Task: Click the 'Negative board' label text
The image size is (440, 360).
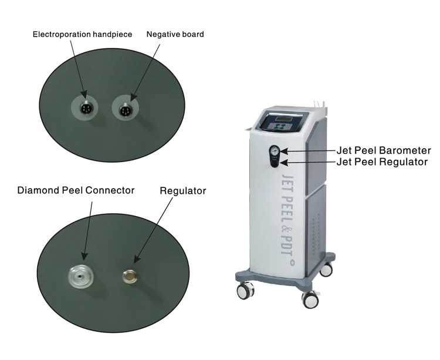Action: pyautogui.click(x=175, y=34)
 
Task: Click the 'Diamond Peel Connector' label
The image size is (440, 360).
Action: pyautogui.click(x=76, y=190)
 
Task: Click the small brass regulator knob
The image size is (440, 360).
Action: pyautogui.click(x=128, y=274)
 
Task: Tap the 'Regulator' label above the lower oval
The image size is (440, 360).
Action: pyautogui.click(x=183, y=191)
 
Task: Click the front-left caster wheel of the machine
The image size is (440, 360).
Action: pyautogui.click(x=245, y=290)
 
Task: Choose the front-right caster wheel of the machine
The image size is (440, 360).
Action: pyautogui.click(x=310, y=298)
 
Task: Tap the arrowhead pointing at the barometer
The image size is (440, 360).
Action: pyautogui.click(x=285, y=150)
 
